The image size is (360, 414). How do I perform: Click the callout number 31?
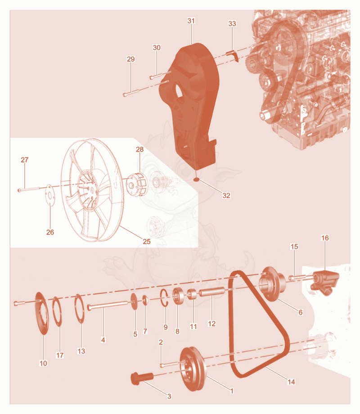(191, 21)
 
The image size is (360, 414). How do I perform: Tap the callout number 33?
(232, 23)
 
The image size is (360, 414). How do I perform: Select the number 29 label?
(131, 59)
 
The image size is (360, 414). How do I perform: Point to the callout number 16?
(325, 238)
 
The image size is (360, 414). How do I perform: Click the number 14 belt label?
(291, 382)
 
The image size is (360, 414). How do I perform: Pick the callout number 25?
(147, 241)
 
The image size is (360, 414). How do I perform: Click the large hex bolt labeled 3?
(142, 378)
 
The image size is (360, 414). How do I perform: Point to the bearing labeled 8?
(178, 297)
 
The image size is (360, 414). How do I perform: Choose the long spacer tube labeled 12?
(212, 292)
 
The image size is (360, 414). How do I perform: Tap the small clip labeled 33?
(233, 56)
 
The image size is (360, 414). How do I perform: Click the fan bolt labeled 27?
(29, 189)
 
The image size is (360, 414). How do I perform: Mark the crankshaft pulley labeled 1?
(192, 369)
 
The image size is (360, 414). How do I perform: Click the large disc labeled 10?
(42, 313)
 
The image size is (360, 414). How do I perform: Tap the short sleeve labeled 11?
(193, 294)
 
